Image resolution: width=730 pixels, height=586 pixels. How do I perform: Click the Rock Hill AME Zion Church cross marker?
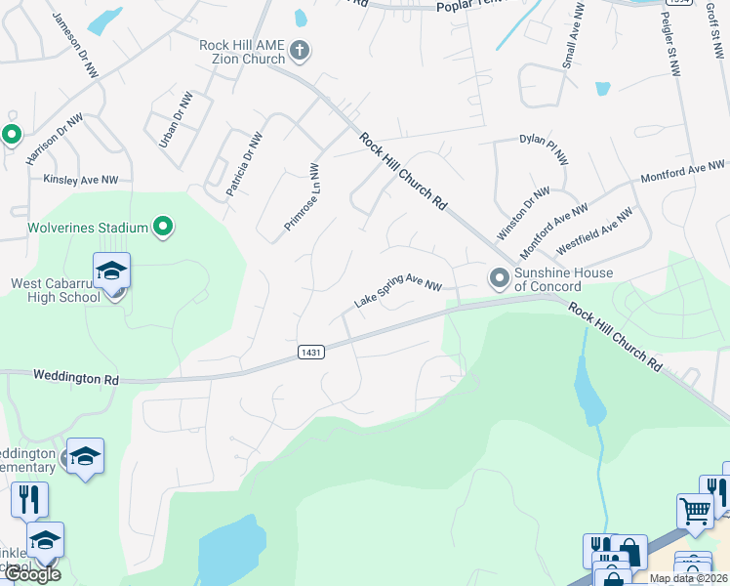300,51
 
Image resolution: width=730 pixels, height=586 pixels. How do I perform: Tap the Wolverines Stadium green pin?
164,228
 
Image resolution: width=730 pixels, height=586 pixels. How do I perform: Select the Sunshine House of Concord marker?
500,279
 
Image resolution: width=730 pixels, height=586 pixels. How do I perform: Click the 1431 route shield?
310,351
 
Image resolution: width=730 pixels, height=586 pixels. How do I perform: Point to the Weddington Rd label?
75,375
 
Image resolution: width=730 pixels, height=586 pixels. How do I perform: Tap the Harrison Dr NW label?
56,138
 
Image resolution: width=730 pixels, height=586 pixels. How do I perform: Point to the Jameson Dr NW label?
76,46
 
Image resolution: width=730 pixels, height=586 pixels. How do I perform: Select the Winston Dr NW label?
523,214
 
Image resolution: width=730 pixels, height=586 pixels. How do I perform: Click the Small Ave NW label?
572,34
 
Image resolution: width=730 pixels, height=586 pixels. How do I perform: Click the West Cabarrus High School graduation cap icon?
111,270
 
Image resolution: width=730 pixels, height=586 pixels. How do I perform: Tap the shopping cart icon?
694,509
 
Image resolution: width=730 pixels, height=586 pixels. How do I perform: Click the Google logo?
31,574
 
